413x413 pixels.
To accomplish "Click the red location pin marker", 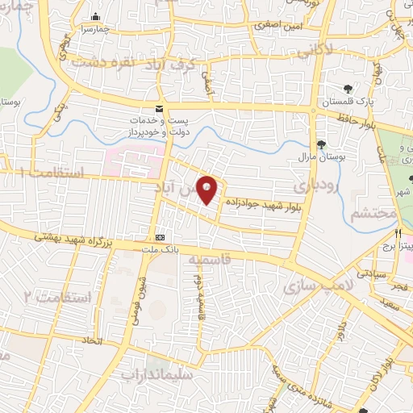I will tap(208, 189).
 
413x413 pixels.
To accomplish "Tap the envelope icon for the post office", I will tap(159, 109).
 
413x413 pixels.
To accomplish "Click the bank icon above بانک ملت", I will tap(160, 237).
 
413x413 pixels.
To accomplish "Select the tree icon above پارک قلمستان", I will tap(347, 90).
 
